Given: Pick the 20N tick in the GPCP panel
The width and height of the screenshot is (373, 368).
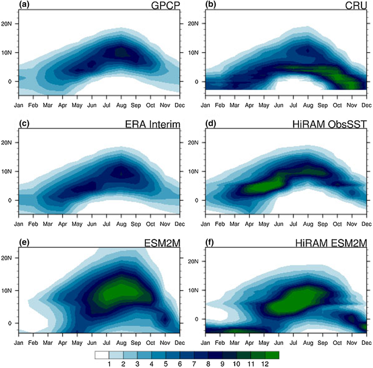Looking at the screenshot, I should [9, 23].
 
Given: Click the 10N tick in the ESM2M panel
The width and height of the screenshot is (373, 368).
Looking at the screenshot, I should [9, 290].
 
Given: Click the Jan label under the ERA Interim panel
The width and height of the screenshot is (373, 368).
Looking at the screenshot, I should [18, 222].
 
